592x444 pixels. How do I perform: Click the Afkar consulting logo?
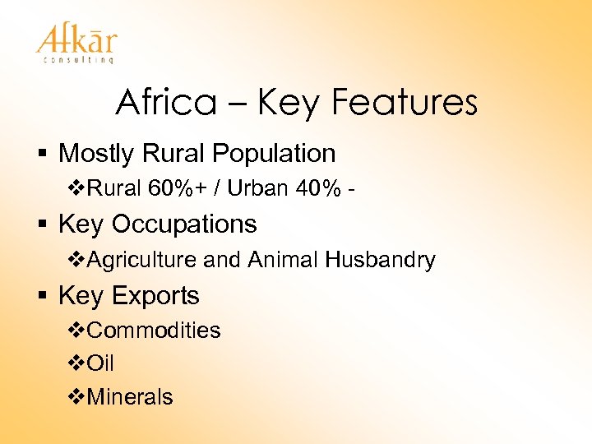pos(76,44)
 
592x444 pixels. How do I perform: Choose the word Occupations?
pos(184,224)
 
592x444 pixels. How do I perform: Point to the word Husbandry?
pos(380,260)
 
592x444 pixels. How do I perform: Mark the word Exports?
pos(156,295)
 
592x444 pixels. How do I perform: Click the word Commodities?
pos(153,331)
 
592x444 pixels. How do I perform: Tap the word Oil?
pos(99,363)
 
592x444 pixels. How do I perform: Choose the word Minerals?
pos(129,396)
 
